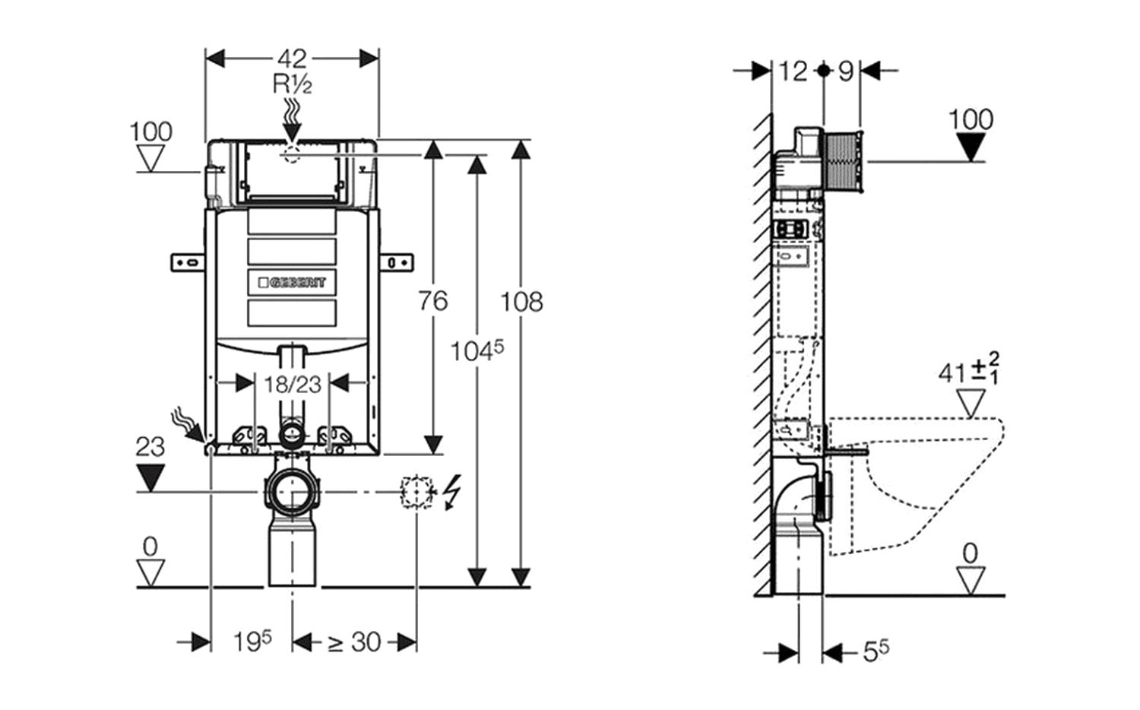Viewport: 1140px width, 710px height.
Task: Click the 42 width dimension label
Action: (x=292, y=59)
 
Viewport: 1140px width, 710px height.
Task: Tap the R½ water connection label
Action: (x=293, y=84)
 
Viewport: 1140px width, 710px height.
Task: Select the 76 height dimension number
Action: (x=432, y=301)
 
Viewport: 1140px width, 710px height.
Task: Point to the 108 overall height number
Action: (x=521, y=302)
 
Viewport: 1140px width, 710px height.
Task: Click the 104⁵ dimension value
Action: (x=477, y=350)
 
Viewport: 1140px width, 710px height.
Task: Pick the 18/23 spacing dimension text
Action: (x=293, y=384)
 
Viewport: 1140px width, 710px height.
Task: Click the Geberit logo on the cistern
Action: (x=292, y=282)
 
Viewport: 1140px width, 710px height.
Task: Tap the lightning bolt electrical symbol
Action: (x=452, y=492)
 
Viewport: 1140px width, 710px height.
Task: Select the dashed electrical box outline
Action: (x=416, y=492)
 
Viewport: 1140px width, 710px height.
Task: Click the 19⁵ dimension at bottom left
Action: (x=252, y=642)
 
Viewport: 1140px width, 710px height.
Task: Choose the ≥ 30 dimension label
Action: (x=354, y=642)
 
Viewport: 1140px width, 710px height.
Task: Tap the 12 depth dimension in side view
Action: (x=793, y=71)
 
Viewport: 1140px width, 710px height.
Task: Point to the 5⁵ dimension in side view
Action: (x=876, y=651)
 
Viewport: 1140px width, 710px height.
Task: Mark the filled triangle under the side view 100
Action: (x=971, y=146)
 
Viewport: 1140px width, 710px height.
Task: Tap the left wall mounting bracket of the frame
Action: (x=188, y=263)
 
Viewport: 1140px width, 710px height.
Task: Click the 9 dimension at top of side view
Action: (x=845, y=71)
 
